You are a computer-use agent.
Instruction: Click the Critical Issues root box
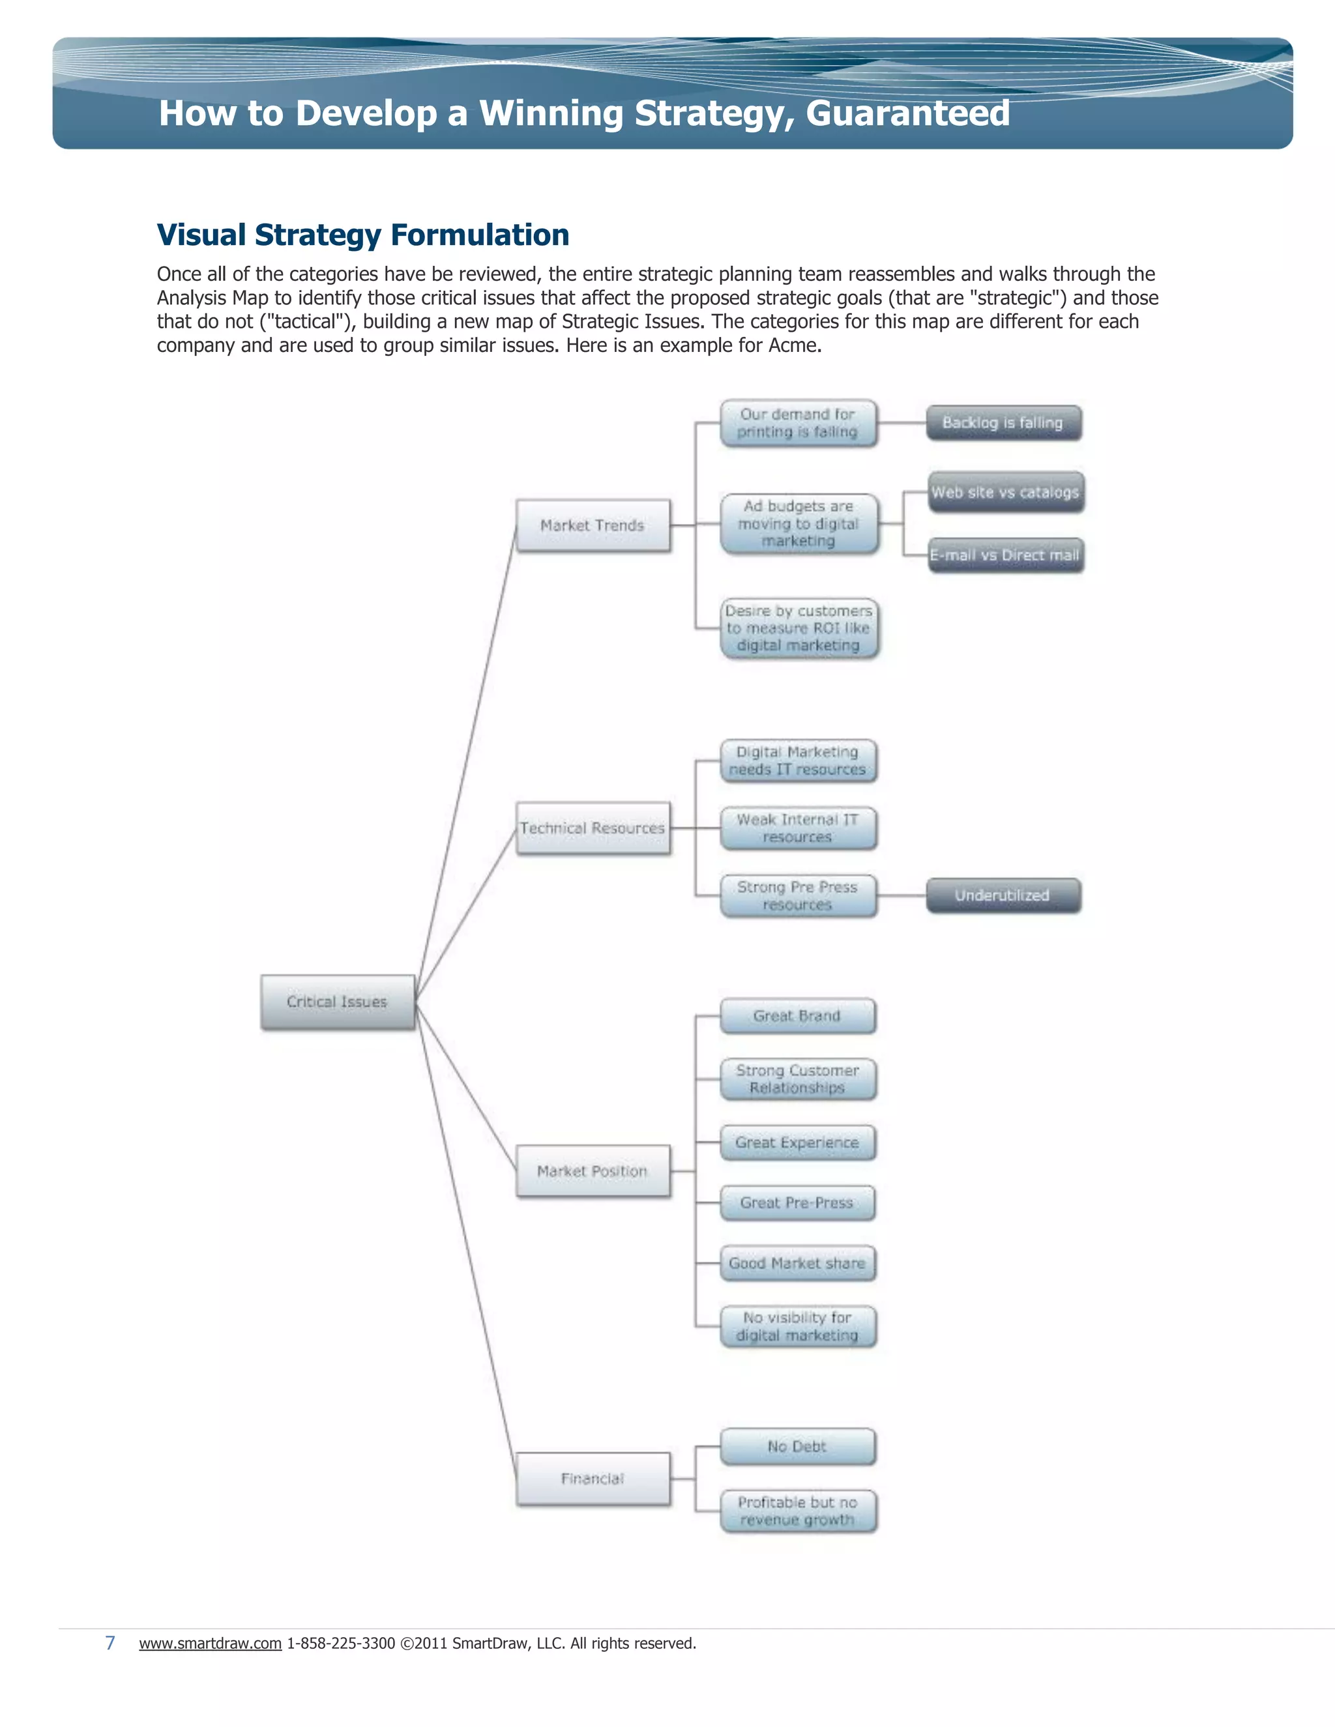[x=338, y=1002]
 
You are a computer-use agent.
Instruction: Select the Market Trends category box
[x=593, y=525]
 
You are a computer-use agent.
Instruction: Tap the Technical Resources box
[x=593, y=828]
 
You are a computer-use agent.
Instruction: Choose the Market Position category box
[x=593, y=1171]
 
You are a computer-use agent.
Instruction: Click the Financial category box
[x=593, y=1479]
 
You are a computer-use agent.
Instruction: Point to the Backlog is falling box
[x=1003, y=423]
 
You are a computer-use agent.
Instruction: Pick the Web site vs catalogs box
[x=1005, y=492]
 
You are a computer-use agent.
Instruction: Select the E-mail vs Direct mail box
[x=1005, y=555]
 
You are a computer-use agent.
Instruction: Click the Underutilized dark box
[x=1003, y=895]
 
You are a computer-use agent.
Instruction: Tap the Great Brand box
[x=797, y=1016]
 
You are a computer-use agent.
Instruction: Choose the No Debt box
[x=797, y=1446]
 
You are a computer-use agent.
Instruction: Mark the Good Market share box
[x=797, y=1263]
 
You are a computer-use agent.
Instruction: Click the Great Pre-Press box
[x=797, y=1203]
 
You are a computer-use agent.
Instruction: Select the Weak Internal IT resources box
[x=797, y=828]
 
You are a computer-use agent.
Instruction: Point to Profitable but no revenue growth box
[x=797, y=1511]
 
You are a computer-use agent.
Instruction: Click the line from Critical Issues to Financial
[x=466, y=1241]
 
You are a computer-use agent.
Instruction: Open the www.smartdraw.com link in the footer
[x=211, y=1643]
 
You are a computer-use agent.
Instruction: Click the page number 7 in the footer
[x=111, y=1642]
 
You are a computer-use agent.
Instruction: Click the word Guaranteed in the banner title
[x=907, y=113]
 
